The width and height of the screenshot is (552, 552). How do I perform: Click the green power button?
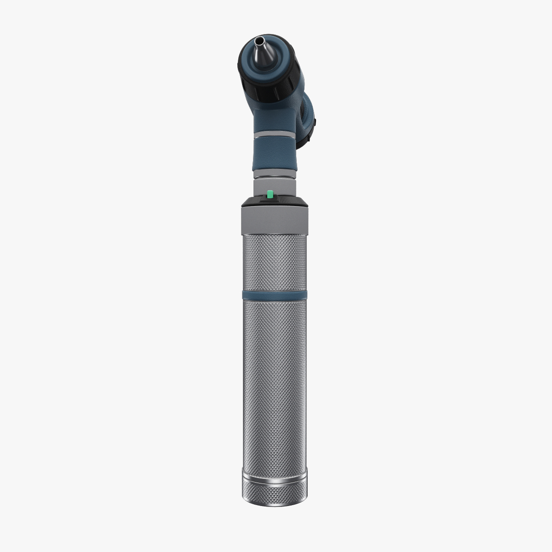click(x=270, y=194)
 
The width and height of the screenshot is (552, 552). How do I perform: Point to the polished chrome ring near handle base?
click(x=275, y=481)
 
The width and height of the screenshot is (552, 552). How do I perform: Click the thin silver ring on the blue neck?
click(x=275, y=135)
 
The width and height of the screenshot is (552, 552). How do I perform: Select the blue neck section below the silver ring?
click(x=275, y=154)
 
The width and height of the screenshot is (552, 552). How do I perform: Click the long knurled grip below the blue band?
click(x=275, y=386)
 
